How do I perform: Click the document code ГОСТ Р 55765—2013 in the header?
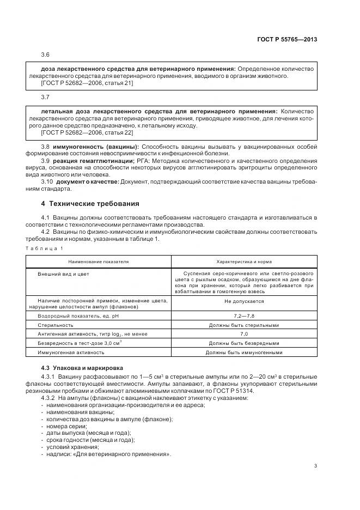coord(287,39)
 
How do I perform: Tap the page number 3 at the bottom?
coord(315,465)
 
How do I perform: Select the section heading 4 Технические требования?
coord(90,204)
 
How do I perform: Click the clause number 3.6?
coord(45,56)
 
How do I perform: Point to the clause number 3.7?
coord(45,97)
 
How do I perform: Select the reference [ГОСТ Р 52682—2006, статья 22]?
coord(87,132)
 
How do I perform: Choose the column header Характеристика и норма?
coord(243,262)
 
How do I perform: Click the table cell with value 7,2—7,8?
coord(243,316)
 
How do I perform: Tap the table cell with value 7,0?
coord(243,333)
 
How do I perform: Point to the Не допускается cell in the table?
coord(243,301)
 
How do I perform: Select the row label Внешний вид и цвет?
coord(63,274)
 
